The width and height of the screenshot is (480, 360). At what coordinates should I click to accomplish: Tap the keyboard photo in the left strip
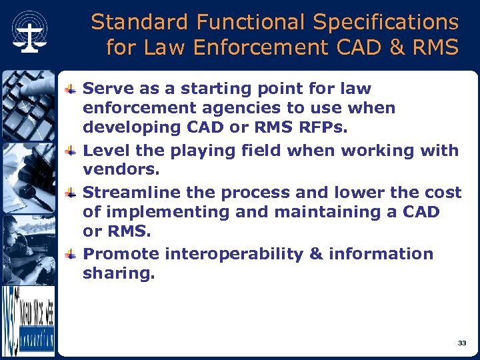pos(27,103)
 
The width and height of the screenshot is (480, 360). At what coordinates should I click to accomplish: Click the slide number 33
pos(462,343)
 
